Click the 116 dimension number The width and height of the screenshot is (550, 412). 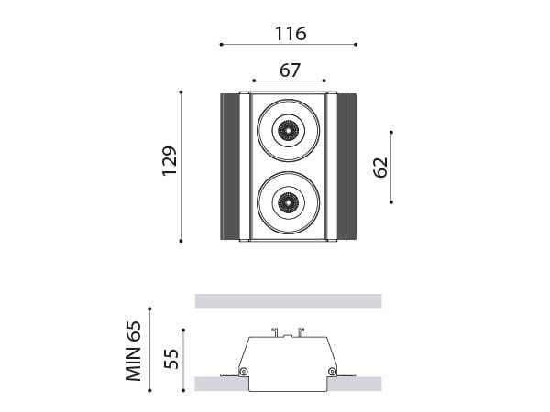tap(291, 34)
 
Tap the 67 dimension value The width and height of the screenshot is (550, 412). tap(290, 70)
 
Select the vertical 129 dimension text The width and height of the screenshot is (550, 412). tap(170, 161)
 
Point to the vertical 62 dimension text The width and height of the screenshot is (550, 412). tap(381, 168)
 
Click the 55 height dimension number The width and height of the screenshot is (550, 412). tap(171, 359)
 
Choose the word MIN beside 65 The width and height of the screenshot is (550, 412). tap(134, 364)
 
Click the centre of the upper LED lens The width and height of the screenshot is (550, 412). tap(289, 130)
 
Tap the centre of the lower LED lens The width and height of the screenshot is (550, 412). tap(289, 202)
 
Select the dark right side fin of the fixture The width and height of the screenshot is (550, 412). tap(346, 167)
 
